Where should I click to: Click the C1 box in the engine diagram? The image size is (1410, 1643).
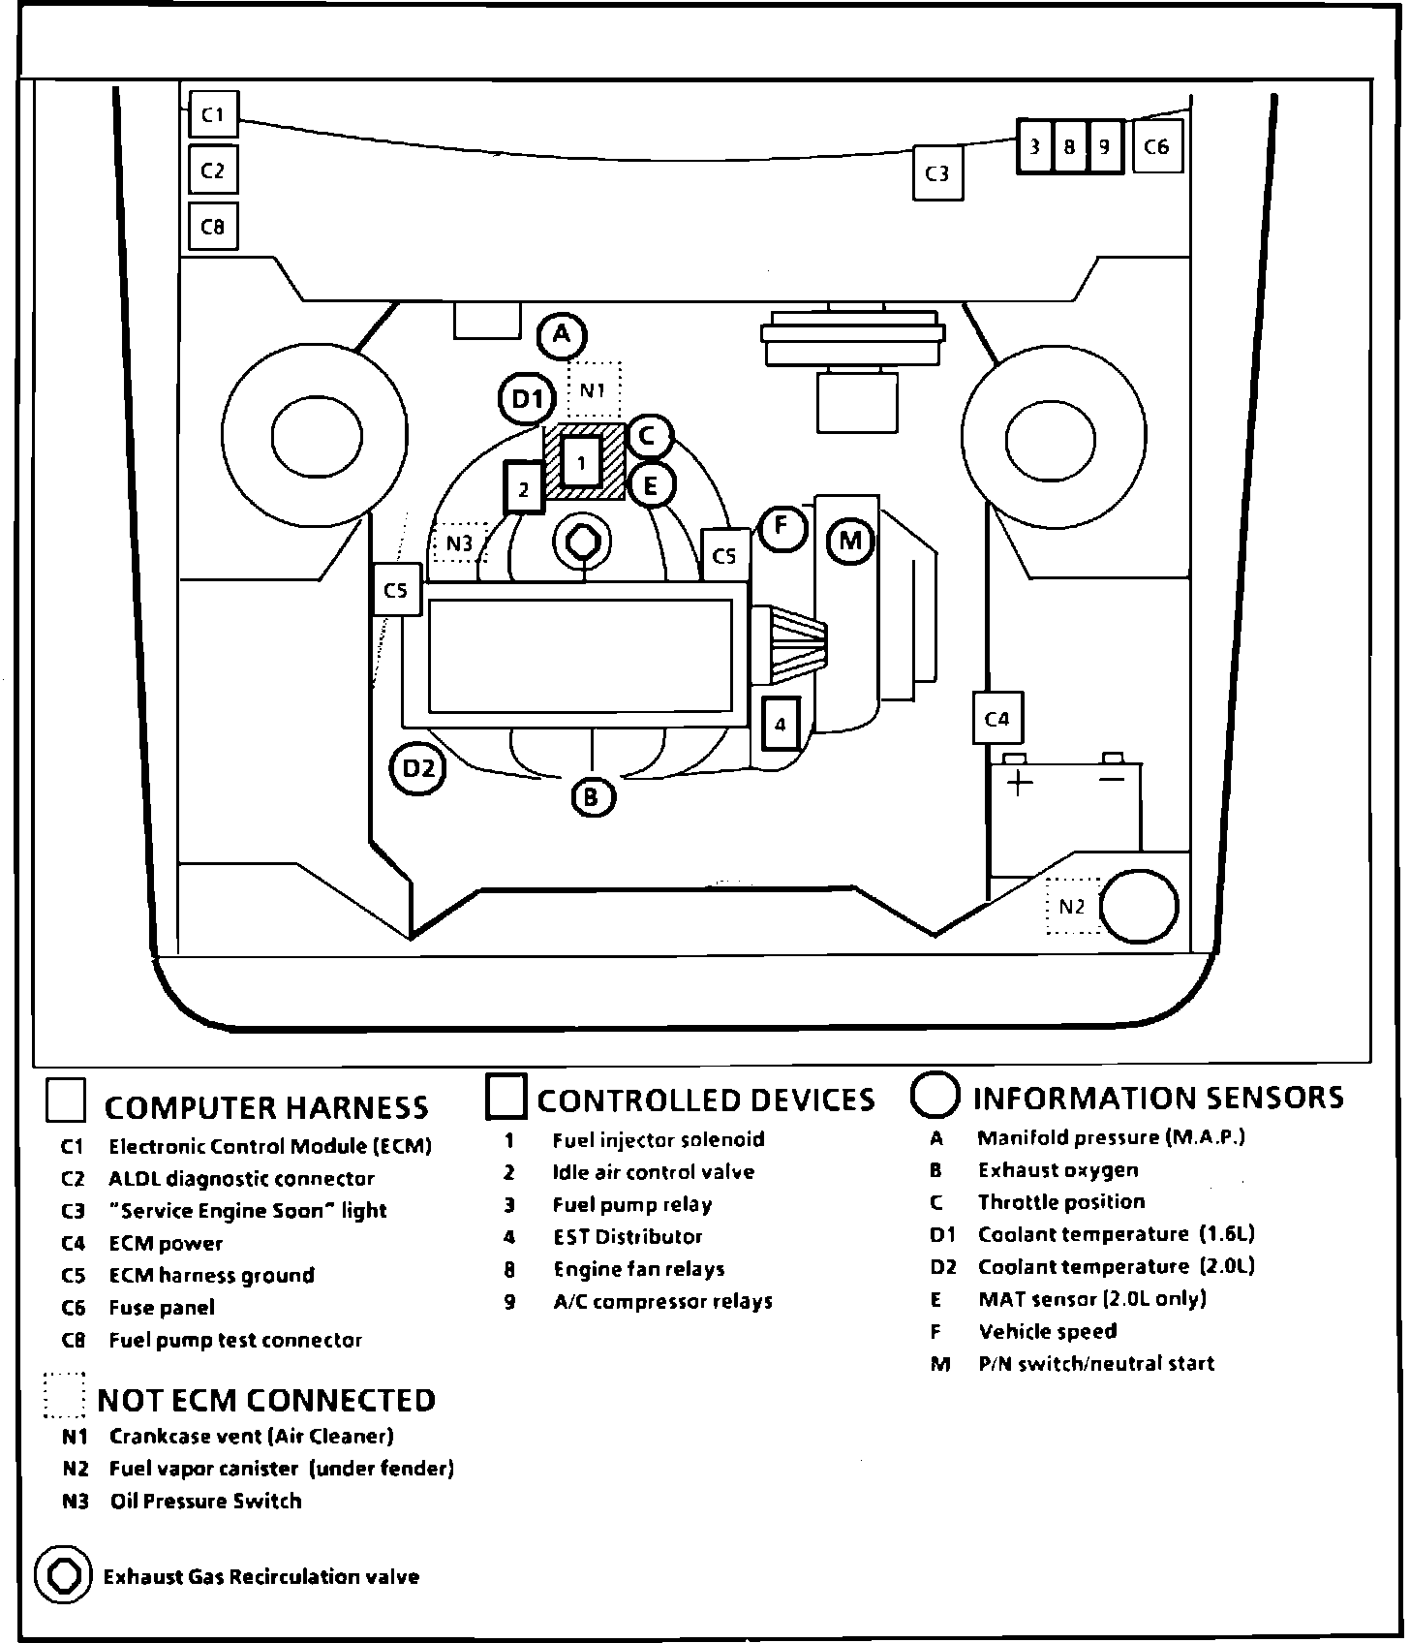213,115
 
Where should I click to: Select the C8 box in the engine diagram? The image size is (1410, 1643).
213,227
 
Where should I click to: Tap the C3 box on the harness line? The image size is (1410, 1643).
937,173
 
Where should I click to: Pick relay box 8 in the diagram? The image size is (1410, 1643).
1069,147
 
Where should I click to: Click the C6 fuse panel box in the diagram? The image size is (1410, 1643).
1156,147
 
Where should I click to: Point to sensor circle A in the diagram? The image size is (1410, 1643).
562,336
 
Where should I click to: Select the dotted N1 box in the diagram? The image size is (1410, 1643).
594,390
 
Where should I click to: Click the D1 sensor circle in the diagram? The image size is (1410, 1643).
527,398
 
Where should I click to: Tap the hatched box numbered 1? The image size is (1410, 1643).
582,462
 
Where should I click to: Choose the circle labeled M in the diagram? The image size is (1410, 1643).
850,541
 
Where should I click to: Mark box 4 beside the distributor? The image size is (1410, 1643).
781,724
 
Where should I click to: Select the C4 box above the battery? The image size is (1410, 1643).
997,718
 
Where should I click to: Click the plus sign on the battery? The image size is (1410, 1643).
1018,781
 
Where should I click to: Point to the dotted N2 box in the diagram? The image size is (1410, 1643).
1073,907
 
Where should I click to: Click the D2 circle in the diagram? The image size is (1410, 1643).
418,769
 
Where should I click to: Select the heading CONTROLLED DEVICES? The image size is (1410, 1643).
705,1100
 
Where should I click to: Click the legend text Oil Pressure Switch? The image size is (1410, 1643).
205,1501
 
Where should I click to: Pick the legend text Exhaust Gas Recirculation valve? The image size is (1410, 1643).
261,1576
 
